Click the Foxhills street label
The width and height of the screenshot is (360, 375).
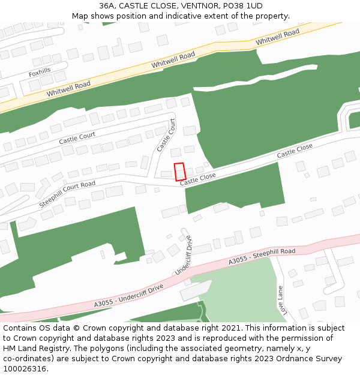(x=40, y=73)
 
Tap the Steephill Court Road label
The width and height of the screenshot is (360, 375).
(x=67, y=194)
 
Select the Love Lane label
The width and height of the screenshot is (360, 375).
(x=280, y=300)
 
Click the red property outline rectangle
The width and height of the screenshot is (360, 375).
(x=180, y=172)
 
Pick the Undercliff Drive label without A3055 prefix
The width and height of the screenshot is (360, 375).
(x=185, y=256)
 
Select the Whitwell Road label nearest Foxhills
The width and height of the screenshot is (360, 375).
(x=68, y=90)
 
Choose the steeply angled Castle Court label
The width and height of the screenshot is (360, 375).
(x=166, y=134)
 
